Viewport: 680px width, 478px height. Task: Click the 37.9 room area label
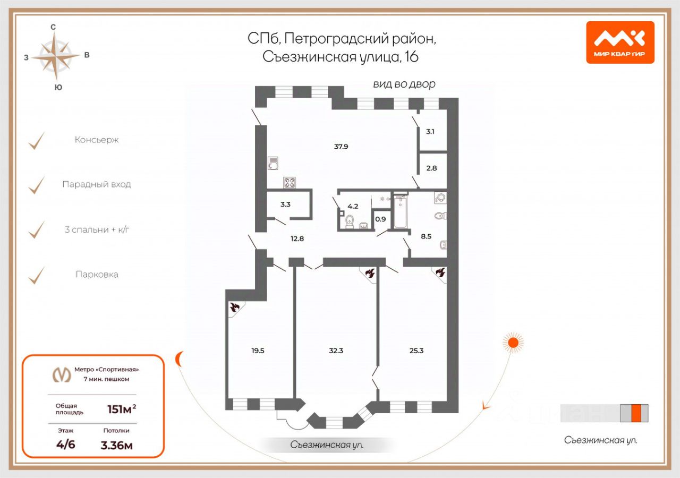click(x=341, y=147)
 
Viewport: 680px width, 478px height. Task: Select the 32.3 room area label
click(x=336, y=350)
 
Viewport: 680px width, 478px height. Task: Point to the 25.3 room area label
click(x=416, y=350)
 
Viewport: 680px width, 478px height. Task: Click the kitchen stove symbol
click(x=290, y=183)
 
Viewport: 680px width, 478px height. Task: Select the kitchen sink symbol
click(x=273, y=163)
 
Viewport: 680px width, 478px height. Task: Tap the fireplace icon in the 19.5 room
click(x=235, y=307)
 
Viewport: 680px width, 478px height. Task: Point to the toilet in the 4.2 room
click(x=350, y=220)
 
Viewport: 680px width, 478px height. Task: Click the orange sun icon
click(x=513, y=343)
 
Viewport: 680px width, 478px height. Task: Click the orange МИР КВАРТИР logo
click(x=620, y=42)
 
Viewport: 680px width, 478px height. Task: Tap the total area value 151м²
click(x=122, y=409)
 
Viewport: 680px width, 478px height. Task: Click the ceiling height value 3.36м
click(x=116, y=445)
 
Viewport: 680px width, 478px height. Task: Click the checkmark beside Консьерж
click(x=37, y=141)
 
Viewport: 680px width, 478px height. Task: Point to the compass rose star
click(x=55, y=55)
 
